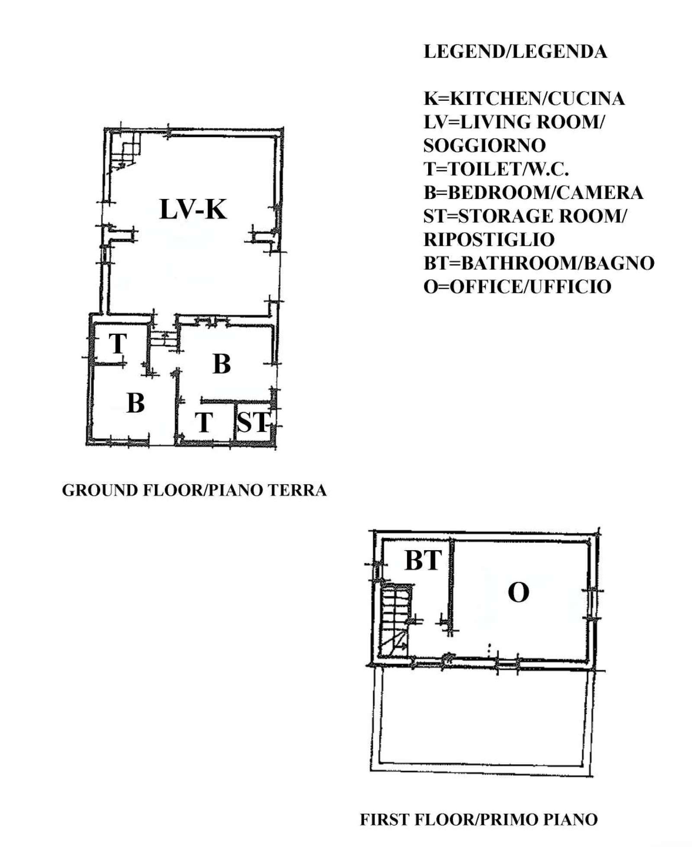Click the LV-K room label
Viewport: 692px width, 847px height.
[x=193, y=209]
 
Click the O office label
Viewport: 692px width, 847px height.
[x=518, y=592]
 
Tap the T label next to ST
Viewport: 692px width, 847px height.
[x=204, y=422]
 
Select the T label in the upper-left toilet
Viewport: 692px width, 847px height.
[x=118, y=343]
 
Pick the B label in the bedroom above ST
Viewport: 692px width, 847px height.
[x=221, y=364]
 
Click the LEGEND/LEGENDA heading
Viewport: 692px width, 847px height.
[x=515, y=52]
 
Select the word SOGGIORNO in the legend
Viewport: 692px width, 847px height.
[x=484, y=145]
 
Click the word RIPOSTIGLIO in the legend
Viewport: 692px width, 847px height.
[x=489, y=239]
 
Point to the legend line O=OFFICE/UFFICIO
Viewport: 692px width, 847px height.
[x=517, y=286]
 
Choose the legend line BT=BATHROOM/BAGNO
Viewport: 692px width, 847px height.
[x=539, y=263]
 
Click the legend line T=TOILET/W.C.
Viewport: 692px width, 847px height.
[x=496, y=169]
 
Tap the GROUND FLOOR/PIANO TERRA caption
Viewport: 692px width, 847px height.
[x=194, y=490]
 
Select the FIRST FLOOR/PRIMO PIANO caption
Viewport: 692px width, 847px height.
[x=479, y=819]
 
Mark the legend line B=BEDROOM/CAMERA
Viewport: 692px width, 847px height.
[x=533, y=192]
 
